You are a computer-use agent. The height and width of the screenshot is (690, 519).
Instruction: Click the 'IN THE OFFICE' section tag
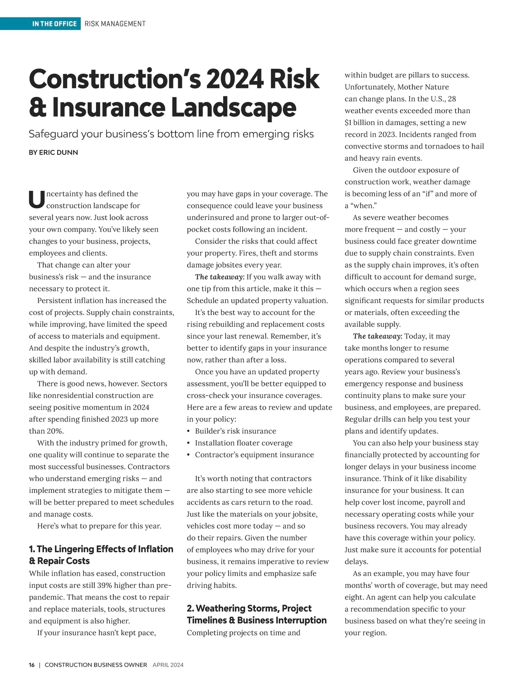(x=54, y=24)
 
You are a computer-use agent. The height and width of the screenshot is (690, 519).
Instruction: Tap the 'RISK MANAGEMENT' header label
(x=115, y=24)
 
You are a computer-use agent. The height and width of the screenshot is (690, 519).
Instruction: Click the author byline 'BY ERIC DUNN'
(x=53, y=152)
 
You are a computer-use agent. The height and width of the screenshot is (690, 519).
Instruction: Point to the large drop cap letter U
(x=36, y=199)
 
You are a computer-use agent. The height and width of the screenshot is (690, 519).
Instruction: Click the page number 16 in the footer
(x=32, y=665)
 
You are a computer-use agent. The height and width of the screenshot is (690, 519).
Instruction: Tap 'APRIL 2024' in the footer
(x=168, y=665)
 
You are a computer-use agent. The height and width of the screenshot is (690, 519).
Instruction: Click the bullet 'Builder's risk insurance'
(x=235, y=431)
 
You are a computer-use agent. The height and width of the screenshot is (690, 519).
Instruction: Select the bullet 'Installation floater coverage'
(x=243, y=443)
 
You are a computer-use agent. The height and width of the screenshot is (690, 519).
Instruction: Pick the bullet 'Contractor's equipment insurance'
(x=254, y=455)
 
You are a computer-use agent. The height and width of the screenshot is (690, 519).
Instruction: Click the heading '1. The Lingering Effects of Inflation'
(x=101, y=549)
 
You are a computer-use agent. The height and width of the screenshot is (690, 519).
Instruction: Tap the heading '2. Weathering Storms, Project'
(x=249, y=608)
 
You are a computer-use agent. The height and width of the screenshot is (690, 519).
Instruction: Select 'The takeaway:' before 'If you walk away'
(x=220, y=277)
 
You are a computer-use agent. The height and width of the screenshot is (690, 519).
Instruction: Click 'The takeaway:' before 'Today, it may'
(x=378, y=336)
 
